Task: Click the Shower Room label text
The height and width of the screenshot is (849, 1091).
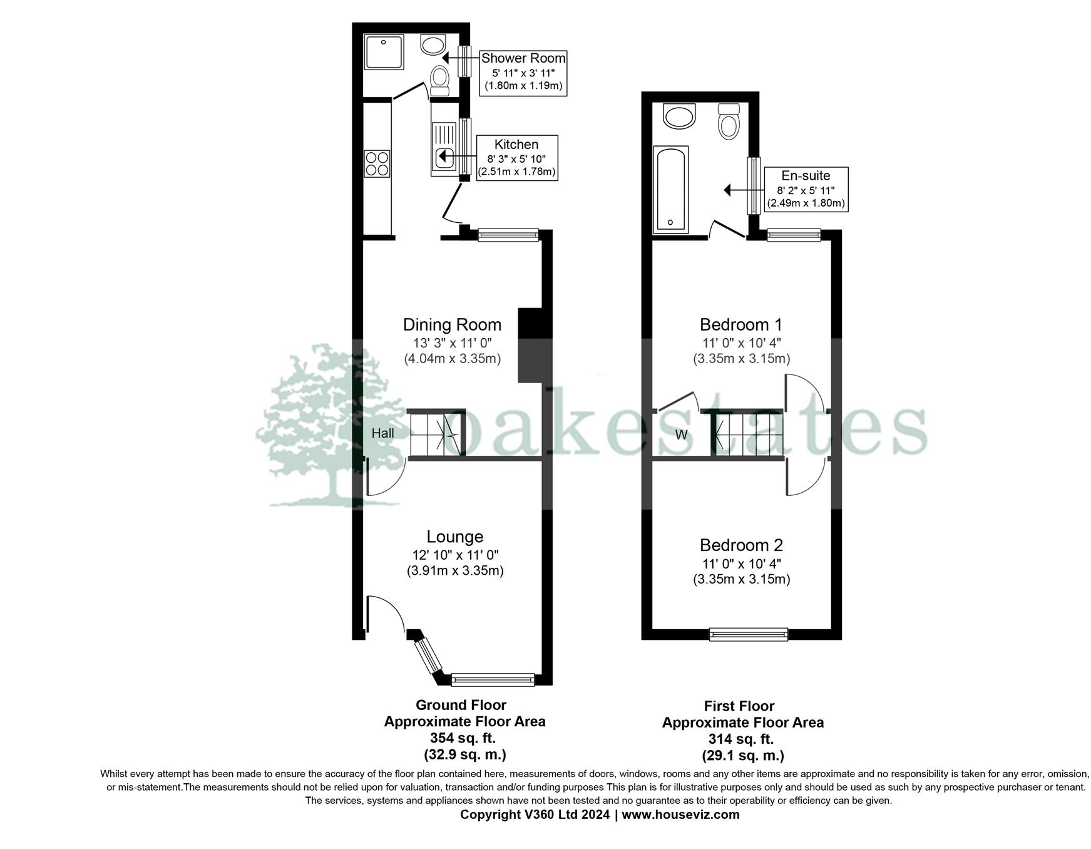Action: [523, 58]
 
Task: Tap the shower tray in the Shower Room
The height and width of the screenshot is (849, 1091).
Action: [384, 52]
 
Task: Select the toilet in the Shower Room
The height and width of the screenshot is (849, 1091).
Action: [440, 80]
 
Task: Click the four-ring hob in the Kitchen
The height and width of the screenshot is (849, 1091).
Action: [377, 163]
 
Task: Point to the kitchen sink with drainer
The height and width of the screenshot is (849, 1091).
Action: [444, 148]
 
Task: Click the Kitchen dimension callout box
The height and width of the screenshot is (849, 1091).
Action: [516, 158]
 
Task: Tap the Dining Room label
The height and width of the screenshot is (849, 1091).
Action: [452, 325]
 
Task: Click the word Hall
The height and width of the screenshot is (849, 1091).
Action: [382, 433]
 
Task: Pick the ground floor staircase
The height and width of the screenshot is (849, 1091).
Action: [436, 434]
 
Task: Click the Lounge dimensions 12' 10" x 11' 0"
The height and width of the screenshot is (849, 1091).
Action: [455, 555]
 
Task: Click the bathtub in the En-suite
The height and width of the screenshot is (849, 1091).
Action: [670, 190]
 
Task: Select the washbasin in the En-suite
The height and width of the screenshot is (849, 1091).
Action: [679, 116]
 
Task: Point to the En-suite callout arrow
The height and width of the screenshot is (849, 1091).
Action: [737, 190]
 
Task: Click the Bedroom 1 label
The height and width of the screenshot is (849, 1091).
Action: [740, 325]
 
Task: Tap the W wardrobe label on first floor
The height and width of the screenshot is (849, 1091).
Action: [681, 435]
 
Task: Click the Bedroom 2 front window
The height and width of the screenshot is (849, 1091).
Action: [748, 634]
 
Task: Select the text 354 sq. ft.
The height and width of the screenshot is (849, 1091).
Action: [463, 738]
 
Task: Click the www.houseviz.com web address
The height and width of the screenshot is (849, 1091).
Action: [680, 815]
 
